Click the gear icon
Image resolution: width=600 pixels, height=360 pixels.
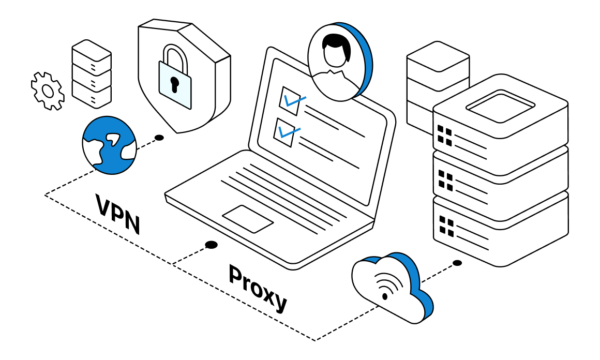(x=48, y=91)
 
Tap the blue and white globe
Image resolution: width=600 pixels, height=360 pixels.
(x=109, y=145)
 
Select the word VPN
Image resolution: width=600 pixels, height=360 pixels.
(x=118, y=213)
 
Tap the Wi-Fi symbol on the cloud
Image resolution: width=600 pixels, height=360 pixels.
(x=383, y=287)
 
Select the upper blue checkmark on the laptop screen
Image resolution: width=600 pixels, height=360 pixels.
(x=292, y=100)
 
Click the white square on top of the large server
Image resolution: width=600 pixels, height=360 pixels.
(x=500, y=106)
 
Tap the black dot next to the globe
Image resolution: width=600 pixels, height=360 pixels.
(x=159, y=138)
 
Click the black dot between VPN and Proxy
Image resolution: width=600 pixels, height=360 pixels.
(x=211, y=245)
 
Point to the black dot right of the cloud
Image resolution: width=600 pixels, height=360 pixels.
(x=457, y=263)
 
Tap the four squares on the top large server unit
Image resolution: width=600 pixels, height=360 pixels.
(x=444, y=135)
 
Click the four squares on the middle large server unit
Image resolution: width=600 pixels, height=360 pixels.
(x=445, y=179)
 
